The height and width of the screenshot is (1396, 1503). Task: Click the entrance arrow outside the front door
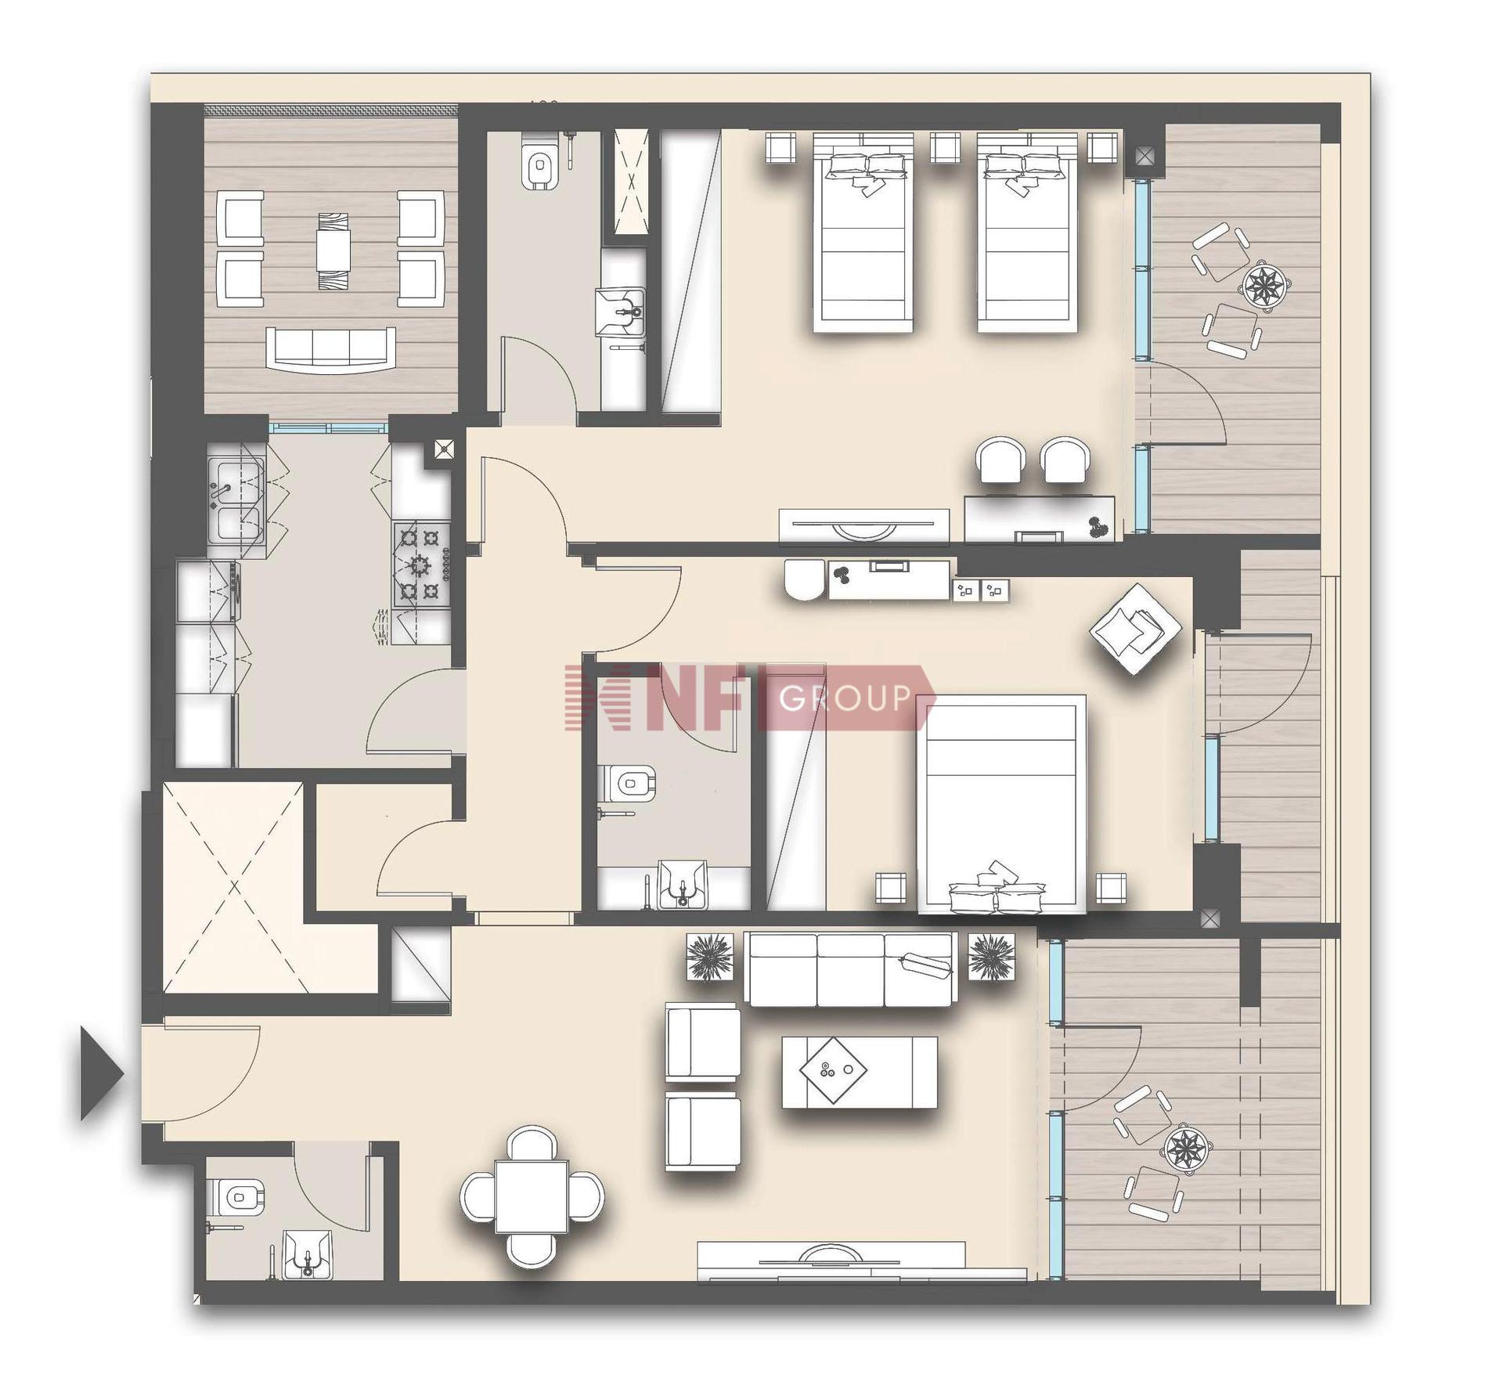tap(100, 1073)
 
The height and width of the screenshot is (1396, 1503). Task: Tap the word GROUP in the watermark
tap(845, 698)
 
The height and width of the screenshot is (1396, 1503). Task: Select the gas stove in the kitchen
tap(422, 565)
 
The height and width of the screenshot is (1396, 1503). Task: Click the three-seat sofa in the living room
tap(849, 969)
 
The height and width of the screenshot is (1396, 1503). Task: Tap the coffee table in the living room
tap(860, 1073)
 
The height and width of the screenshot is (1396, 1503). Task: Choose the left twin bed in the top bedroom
tap(863, 233)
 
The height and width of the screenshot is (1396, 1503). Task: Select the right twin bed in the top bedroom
tap(1027, 233)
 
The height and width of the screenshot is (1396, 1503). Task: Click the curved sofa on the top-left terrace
tap(330, 348)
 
